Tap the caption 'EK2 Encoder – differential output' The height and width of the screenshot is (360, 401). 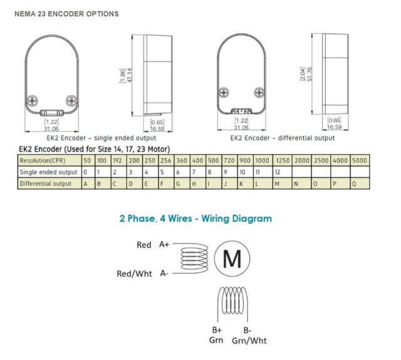pos(283,138)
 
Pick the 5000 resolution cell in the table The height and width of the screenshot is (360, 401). pos(361,161)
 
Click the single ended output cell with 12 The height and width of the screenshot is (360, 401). pos(277,172)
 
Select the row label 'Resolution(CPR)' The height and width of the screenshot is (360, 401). pos(43,161)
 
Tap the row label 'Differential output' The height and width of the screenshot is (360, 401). pos(45,183)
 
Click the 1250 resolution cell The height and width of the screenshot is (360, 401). pos(282,161)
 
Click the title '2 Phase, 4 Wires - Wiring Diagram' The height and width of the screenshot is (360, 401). pos(195,219)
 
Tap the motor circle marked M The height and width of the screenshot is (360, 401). pos(232,258)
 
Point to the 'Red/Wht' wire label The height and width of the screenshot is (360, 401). pos(133,273)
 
